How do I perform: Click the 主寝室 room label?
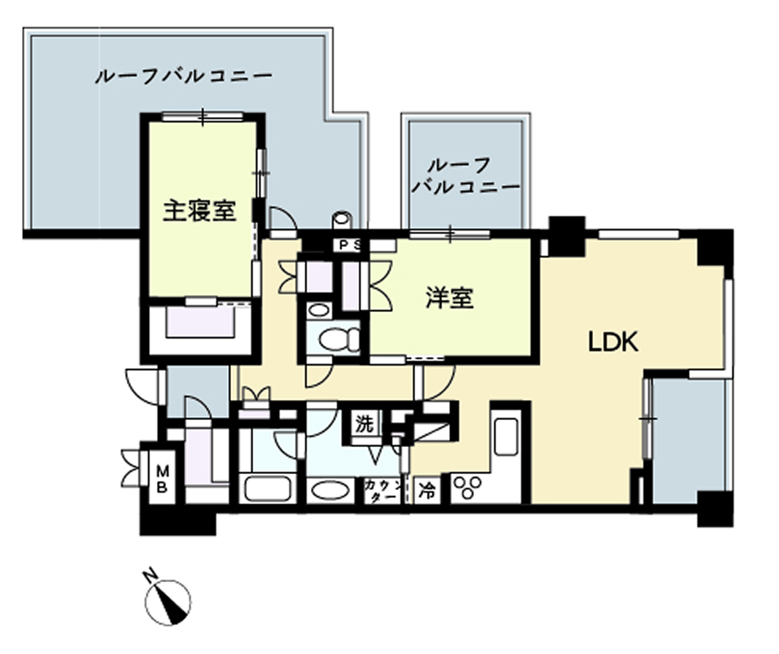[199, 211]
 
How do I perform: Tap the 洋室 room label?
[449, 298]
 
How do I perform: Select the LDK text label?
[613, 342]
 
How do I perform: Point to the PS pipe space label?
[351, 245]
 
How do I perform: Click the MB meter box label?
[162, 479]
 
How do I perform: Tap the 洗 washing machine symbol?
[364, 424]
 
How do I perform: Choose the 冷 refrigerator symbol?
[426, 490]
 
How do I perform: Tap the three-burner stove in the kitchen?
[469, 487]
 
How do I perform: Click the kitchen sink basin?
[506, 437]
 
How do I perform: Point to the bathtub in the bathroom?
[266, 489]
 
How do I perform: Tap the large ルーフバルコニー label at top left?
[184, 77]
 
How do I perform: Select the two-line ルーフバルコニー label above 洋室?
[467, 176]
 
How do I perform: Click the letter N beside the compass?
[150, 577]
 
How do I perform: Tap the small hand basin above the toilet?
[319, 311]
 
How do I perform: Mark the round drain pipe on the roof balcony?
[341, 219]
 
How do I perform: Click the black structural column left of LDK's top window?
[567, 235]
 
